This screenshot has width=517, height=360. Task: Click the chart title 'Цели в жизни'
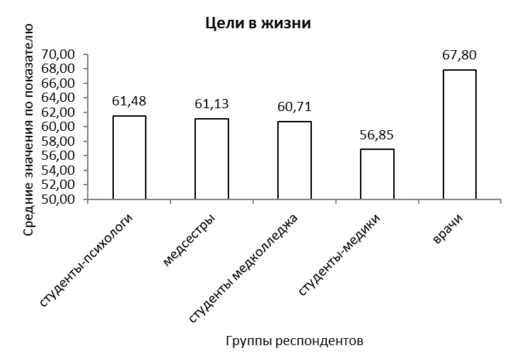[258, 24]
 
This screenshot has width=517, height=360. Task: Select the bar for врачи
[460, 134]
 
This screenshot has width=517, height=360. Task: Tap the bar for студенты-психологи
[129, 158]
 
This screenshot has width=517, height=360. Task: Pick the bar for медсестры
[211, 159]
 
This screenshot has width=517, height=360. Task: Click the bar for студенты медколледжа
[294, 161]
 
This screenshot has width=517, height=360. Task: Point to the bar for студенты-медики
[377, 174]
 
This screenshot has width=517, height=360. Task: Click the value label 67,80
[459, 55]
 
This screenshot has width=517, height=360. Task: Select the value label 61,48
[129, 101]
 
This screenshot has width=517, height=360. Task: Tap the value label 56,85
[377, 135]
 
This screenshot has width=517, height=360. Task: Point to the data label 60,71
[294, 107]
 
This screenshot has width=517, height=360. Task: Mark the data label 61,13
[211, 104]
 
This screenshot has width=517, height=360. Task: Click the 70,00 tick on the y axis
[58, 54]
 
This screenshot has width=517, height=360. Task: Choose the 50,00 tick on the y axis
[58, 199]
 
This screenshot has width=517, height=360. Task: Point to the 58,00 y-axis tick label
[58, 141]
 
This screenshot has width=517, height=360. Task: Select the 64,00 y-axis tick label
[58, 98]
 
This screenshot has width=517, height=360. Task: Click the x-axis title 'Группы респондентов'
[294, 341]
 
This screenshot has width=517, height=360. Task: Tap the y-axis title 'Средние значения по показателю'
[29, 129]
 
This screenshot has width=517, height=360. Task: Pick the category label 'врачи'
[448, 228]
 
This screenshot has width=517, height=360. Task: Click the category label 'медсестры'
[189, 240]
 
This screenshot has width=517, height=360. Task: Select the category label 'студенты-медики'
[339, 255]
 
